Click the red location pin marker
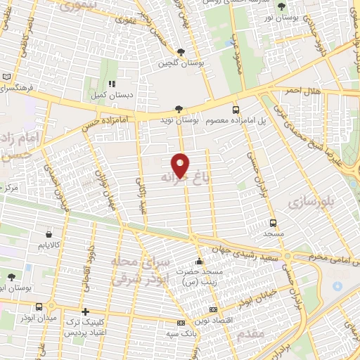[x=181, y=165]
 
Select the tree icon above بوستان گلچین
[x=181, y=52]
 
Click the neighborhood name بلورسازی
[x=308, y=202]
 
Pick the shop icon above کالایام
[x=48, y=234]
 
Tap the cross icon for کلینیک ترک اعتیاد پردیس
[x=85, y=311]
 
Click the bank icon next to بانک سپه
[x=181, y=323]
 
